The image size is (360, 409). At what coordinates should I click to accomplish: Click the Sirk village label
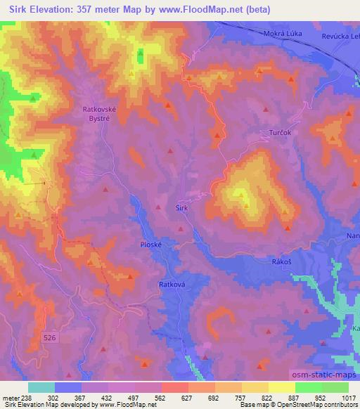tap(181, 208)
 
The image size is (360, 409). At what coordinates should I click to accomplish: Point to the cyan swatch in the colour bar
tap(41, 387)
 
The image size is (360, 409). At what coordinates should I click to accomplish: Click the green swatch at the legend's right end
tap(335, 387)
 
